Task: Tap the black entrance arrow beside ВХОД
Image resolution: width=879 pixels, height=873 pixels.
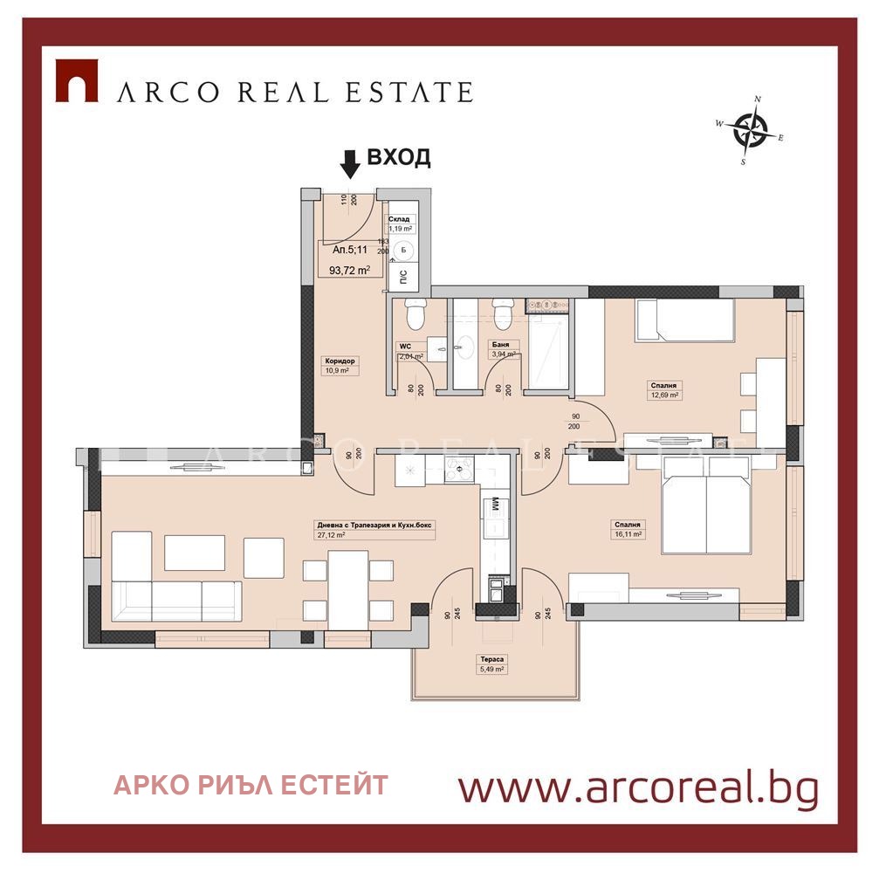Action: [349, 162]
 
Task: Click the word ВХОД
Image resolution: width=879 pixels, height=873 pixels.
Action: [398, 157]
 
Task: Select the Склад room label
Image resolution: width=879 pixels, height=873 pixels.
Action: [399, 220]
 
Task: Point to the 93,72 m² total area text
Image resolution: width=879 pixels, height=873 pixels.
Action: [349, 270]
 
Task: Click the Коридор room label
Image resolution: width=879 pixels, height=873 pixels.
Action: [340, 361]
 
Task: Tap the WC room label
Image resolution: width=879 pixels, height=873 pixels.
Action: [404, 346]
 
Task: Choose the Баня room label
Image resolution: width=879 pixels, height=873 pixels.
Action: [500, 344]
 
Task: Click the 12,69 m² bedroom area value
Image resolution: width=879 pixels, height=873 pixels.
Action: [664, 395]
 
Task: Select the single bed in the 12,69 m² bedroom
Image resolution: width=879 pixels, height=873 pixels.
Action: [686, 321]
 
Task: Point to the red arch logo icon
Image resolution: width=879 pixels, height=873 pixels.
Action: [76, 80]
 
